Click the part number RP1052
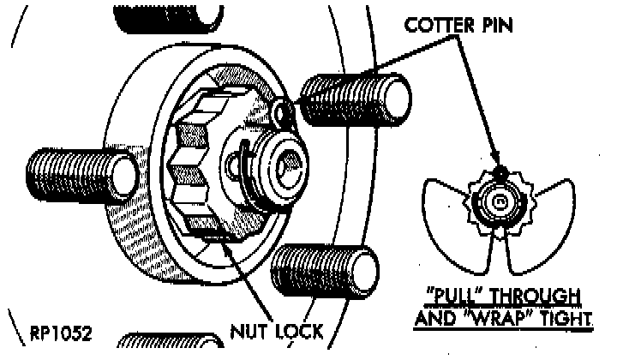61,330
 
